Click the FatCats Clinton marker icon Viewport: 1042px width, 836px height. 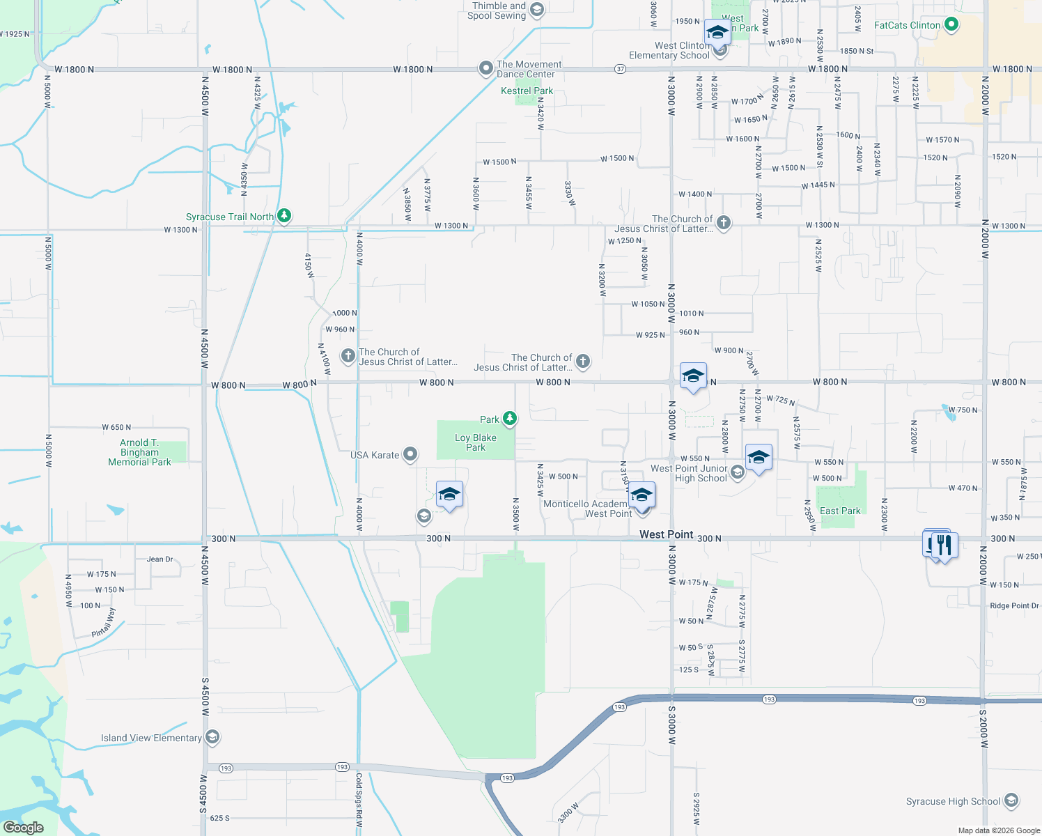951,25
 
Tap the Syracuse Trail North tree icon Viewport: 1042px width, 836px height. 284,216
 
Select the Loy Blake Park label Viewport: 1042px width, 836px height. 476,442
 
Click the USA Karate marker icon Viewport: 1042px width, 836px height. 410,455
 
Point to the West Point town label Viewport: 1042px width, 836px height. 666,534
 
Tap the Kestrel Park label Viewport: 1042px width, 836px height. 527,91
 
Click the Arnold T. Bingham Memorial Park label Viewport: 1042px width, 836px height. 139,452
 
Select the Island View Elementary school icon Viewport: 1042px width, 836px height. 212,737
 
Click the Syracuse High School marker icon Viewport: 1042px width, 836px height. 1011,800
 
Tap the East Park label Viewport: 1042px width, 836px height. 840,511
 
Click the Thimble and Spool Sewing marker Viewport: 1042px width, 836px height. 536,10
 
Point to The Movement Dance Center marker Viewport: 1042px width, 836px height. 485,68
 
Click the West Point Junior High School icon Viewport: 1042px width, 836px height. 737,473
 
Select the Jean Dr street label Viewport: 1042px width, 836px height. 160,559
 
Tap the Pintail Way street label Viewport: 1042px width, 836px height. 103,623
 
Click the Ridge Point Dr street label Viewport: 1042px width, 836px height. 1014,605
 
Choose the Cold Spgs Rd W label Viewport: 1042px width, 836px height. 359,799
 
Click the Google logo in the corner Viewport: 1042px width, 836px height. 23,827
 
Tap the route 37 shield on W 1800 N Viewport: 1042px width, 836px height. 620,69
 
